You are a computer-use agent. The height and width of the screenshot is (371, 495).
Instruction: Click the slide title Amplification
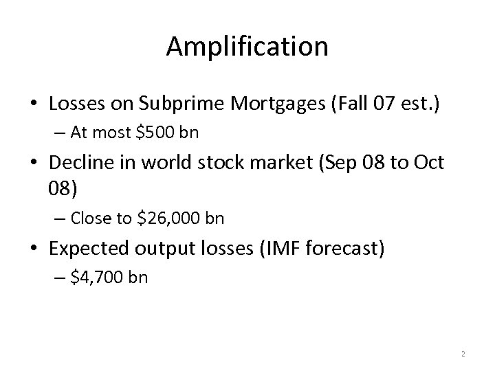[247, 47]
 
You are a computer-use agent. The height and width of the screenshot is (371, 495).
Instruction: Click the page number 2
[463, 354]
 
